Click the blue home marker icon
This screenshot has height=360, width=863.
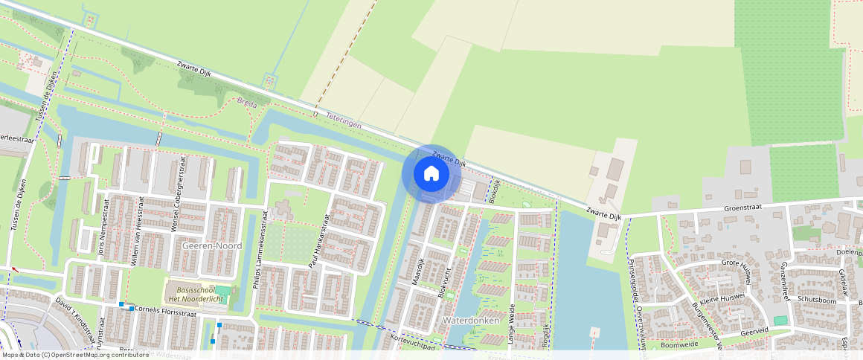[431, 174]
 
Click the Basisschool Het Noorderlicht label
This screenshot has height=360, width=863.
[197, 294]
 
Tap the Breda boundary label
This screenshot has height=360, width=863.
[247, 104]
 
